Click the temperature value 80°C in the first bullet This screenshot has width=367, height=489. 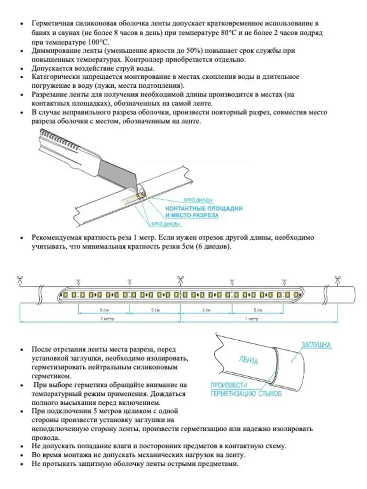[x=229, y=33]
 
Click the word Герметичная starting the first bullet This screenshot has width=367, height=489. [x=51, y=24]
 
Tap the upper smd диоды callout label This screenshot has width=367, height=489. [x=198, y=200]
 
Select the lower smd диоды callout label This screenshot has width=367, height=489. [x=166, y=224]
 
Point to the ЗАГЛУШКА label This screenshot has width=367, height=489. [x=316, y=345]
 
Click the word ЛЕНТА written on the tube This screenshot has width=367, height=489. [x=248, y=361]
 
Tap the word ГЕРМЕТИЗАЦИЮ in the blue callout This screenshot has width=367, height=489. [x=233, y=394]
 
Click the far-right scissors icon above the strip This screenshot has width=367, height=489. [x=337, y=281]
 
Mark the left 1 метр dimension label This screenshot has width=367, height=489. [x=107, y=319]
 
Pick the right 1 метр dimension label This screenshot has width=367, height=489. [x=252, y=319]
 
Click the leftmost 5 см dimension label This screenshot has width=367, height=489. [x=104, y=310]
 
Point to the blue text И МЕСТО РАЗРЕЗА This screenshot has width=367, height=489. [x=192, y=215]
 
